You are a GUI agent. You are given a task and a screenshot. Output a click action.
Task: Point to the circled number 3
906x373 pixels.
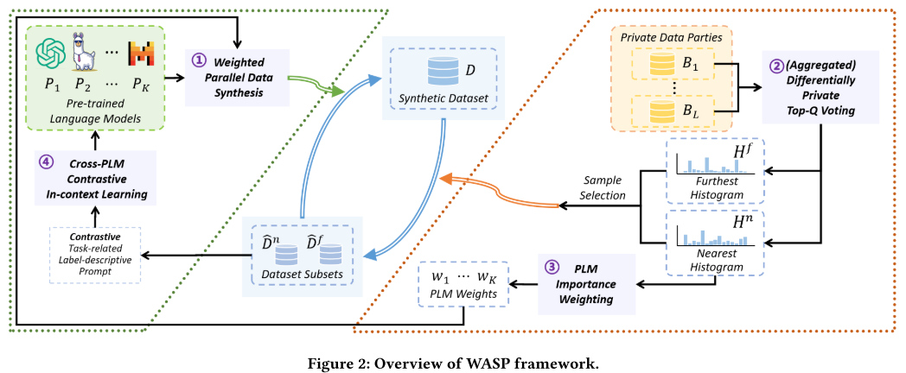point(552,267)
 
